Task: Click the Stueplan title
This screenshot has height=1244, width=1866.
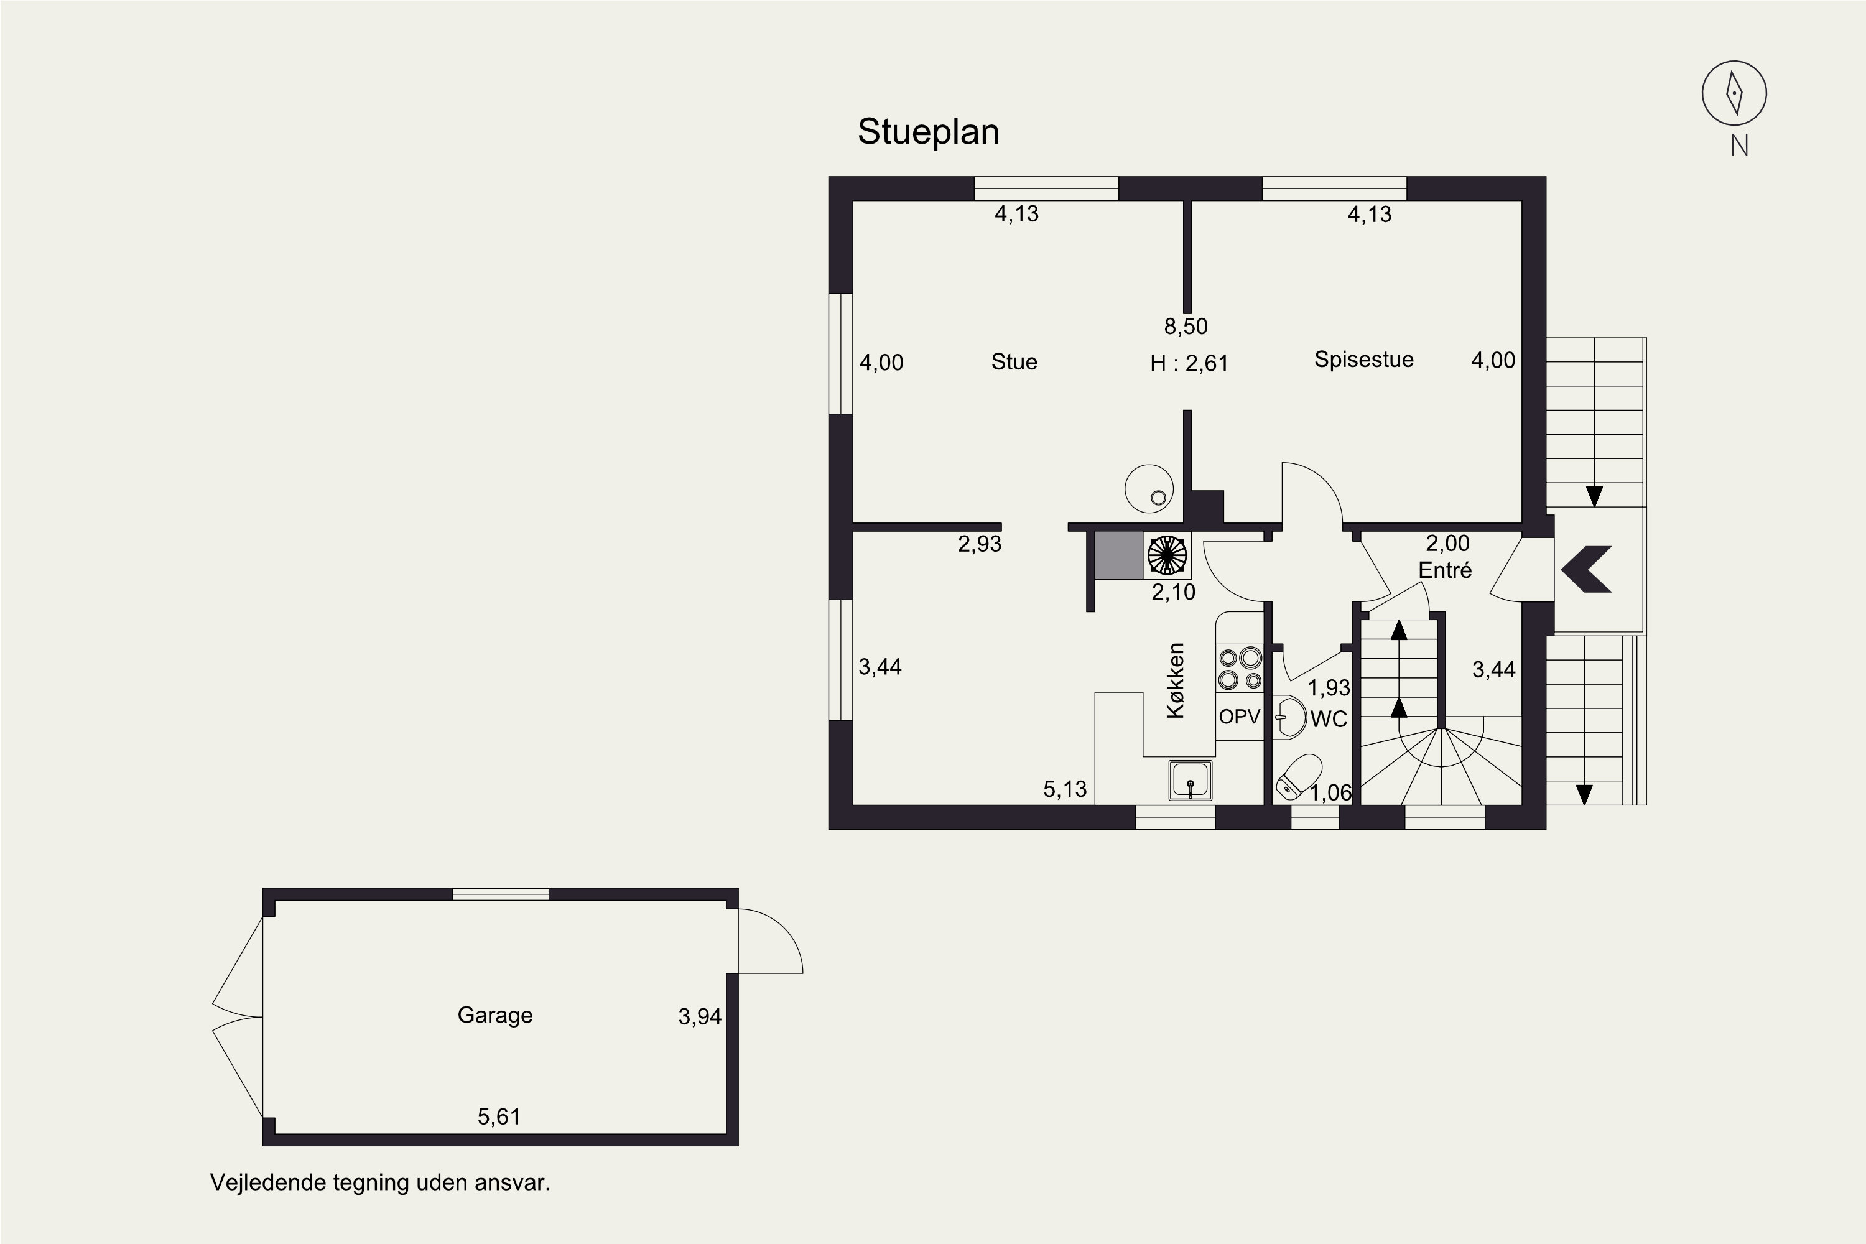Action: click(928, 132)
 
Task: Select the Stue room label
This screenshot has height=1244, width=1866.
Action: click(1014, 362)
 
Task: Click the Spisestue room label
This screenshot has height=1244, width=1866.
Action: click(1364, 360)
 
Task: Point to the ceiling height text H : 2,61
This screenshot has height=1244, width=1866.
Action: click(1189, 363)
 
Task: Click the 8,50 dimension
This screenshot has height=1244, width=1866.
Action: click(1186, 326)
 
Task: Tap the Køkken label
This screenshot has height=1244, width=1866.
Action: click(1175, 680)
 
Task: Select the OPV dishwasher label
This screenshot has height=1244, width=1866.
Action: click(1239, 717)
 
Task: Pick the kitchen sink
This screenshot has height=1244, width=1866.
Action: click(1190, 780)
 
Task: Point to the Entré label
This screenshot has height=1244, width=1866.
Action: click(1445, 570)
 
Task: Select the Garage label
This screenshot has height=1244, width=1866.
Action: click(495, 1016)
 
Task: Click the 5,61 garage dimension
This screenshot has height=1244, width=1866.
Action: click(499, 1117)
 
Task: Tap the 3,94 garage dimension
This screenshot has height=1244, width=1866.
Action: click(700, 1016)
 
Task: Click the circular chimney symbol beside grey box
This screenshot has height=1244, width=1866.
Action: click(1167, 555)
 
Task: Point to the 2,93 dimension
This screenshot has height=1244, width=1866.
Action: click(980, 544)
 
